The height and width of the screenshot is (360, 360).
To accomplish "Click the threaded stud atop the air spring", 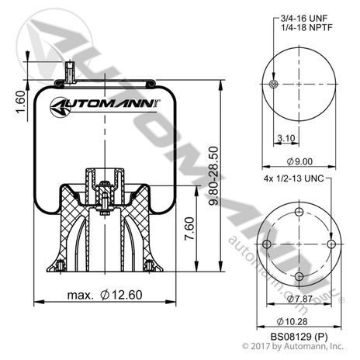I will click(69, 73).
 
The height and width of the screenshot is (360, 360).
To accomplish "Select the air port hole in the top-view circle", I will click(273, 85).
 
